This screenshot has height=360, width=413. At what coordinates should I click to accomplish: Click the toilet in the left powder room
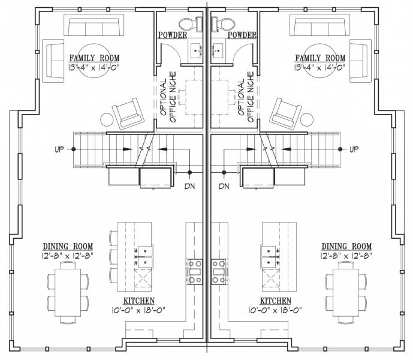pos(191,24)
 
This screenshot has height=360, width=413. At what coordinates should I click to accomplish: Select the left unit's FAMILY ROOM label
pos(94,58)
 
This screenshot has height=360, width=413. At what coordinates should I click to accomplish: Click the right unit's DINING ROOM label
pos(346,247)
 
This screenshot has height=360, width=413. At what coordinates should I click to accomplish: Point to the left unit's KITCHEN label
pos(139,301)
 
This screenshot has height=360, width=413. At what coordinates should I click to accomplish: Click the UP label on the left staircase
pos(59,149)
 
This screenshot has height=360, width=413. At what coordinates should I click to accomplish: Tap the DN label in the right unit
pos(224,186)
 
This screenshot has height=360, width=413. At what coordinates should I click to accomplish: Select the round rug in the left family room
pos(94,61)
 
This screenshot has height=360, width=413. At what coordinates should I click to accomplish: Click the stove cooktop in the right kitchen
pos(218,272)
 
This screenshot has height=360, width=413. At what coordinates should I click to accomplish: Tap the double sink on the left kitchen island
pos(144,256)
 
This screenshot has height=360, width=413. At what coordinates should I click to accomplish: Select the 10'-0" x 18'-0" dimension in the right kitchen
pos(275,310)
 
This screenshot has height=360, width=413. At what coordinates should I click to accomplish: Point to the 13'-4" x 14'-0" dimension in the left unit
pos(94,68)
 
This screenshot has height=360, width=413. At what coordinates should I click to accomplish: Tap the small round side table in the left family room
pos(107,120)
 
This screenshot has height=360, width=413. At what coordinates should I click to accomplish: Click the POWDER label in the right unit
pos(242,35)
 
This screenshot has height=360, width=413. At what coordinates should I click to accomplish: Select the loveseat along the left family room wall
pos(53,61)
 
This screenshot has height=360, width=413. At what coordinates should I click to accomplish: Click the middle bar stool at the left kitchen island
pos(113,257)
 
